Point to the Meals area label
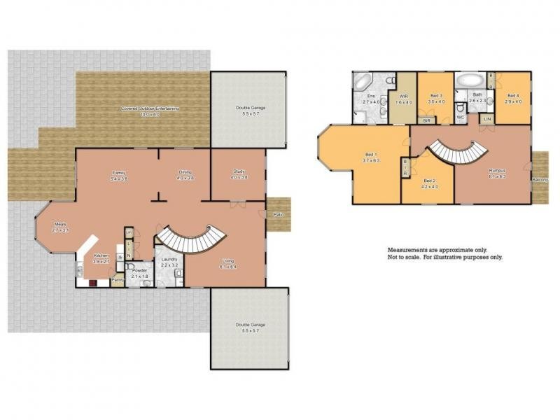(59, 225)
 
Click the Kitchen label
(101, 256)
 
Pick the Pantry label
(118, 281)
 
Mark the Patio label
(278, 213)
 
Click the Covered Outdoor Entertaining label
(150, 108)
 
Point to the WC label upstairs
(460, 118)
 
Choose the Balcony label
(540, 180)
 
